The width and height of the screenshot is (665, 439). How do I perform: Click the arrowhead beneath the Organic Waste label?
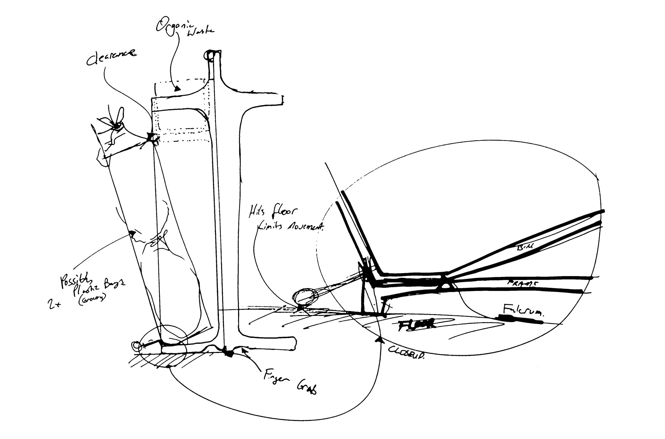click(177, 89)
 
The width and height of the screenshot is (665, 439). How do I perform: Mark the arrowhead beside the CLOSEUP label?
click(379, 340)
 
